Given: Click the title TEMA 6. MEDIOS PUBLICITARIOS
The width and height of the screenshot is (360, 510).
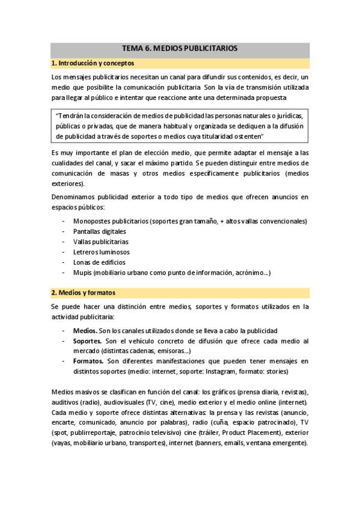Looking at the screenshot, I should click(180, 48).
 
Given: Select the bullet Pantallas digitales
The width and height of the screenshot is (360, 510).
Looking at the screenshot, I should click(100, 232).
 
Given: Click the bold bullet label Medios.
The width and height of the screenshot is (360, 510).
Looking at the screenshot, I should click(84, 331).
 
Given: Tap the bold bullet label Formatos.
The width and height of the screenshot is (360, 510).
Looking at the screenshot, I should click(88, 361).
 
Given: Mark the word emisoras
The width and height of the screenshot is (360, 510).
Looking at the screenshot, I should click(171, 351).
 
